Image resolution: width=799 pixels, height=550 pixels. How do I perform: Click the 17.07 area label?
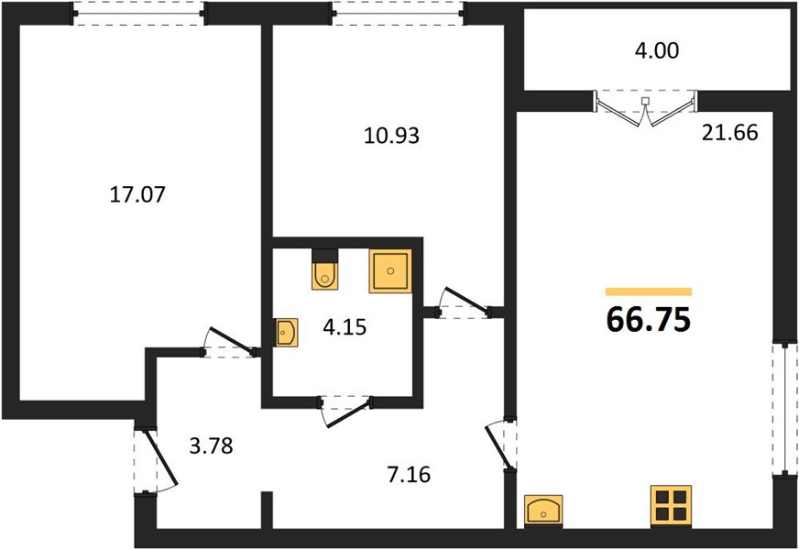pyautogui.click(x=137, y=194)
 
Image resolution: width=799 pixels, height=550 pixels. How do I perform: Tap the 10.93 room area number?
pyautogui.click(x=391, y=136)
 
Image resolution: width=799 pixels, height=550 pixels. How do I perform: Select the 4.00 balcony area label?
pyautogui.click(x=657, y=51)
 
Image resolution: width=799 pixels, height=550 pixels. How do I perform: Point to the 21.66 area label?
pyautogui.click(x=729, y=133)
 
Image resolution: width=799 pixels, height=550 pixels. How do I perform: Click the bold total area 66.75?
pyautogui.click(x=649, y=320)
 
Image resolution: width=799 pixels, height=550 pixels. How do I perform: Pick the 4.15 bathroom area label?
pyautogui.click(x=345, y=327)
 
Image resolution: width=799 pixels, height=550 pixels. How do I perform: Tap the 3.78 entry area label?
pyautogui.click(x=211, y=446)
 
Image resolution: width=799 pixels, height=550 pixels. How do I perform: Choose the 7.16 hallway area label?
pyautogui.click(x=409, y=475)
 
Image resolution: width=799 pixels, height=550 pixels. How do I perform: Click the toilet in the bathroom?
pyautogui.click(x=324, y=270)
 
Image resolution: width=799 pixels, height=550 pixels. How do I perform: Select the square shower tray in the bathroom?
pyautogui.click(x=390, y=271)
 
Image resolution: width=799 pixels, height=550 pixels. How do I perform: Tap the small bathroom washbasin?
pyautogui.click(x=286, y=333)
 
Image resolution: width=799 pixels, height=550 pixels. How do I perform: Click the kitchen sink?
pyautogui.click(x=543, y=511)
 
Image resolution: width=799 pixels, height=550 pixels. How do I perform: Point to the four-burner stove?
pyautogui.click(x=671, y=506)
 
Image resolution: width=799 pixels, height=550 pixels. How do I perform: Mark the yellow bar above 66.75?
pyautogui.click(x=649, y=291)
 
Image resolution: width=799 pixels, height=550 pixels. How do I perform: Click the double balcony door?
pyautogui.click(x=646, y=107)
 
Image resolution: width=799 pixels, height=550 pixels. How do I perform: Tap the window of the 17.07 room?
pyautogui.click(x=138, y=13)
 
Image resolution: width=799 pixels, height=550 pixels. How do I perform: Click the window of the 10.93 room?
pyautogui.click(x=398, y=13)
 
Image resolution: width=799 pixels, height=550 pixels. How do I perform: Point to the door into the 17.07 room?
pyautogui.click(x=232, y=342)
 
